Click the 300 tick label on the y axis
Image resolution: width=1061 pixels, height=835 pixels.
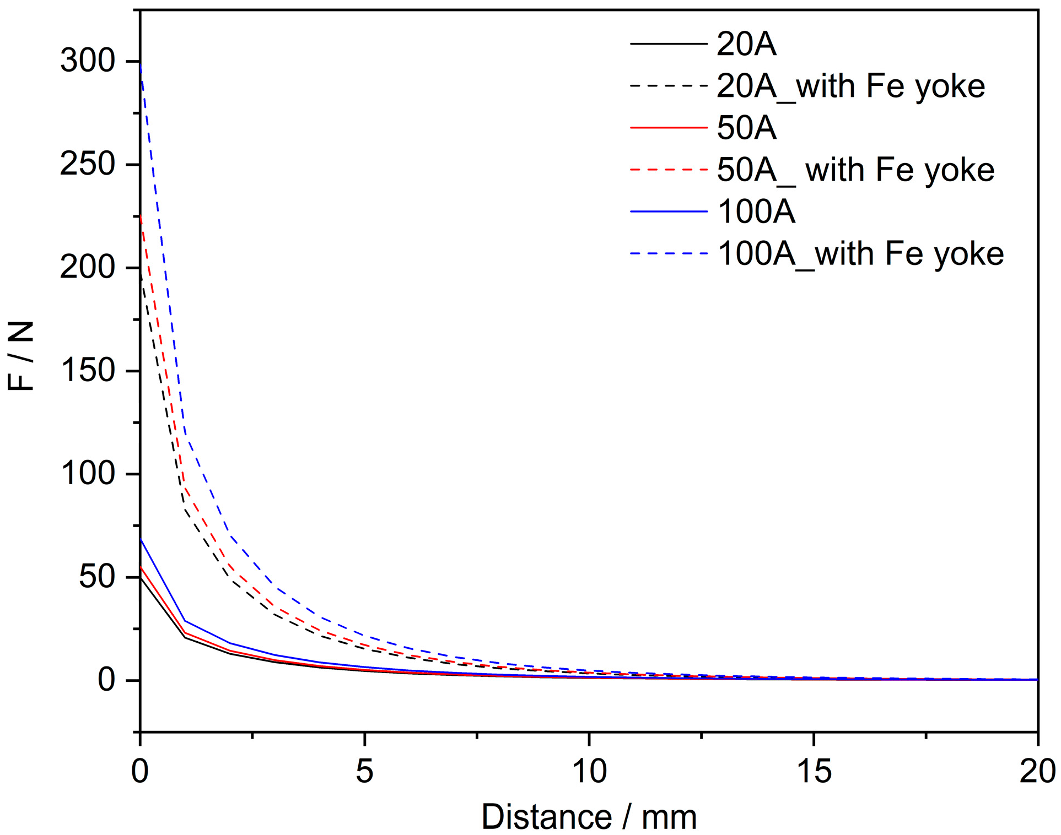tap(87, 61)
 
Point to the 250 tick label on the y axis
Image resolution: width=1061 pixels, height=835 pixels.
tap(87, 164)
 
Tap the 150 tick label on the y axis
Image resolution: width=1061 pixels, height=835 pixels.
tap(87, 370)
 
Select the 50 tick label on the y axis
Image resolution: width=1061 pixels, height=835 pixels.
tap(96, 577)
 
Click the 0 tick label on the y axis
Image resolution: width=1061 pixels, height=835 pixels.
tap(106, 680)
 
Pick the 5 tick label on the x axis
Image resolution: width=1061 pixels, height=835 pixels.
tap(364, 771)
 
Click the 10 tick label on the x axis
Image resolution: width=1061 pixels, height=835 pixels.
tap(589, 771)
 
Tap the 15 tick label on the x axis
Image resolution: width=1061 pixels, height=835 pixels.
tap(814, 771)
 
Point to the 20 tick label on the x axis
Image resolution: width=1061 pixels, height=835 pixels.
tap(1037, 771)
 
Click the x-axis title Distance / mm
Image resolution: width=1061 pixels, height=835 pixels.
tap(589, 817)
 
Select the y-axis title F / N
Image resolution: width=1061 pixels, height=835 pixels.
tap(21, 356)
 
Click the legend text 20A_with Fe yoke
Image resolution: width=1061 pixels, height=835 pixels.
tap(850, 86)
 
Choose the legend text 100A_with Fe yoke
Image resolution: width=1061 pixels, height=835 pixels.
tap(860, 254)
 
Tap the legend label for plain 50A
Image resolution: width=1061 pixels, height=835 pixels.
tap(746, 128)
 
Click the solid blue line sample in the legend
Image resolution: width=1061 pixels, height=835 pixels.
tap(669, 212)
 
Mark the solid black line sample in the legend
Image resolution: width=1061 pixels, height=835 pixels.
tap(669, 44)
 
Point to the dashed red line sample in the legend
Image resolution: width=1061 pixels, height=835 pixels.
tap(669, 170)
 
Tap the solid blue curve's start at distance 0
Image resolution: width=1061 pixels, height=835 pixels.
tap(141, 539)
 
